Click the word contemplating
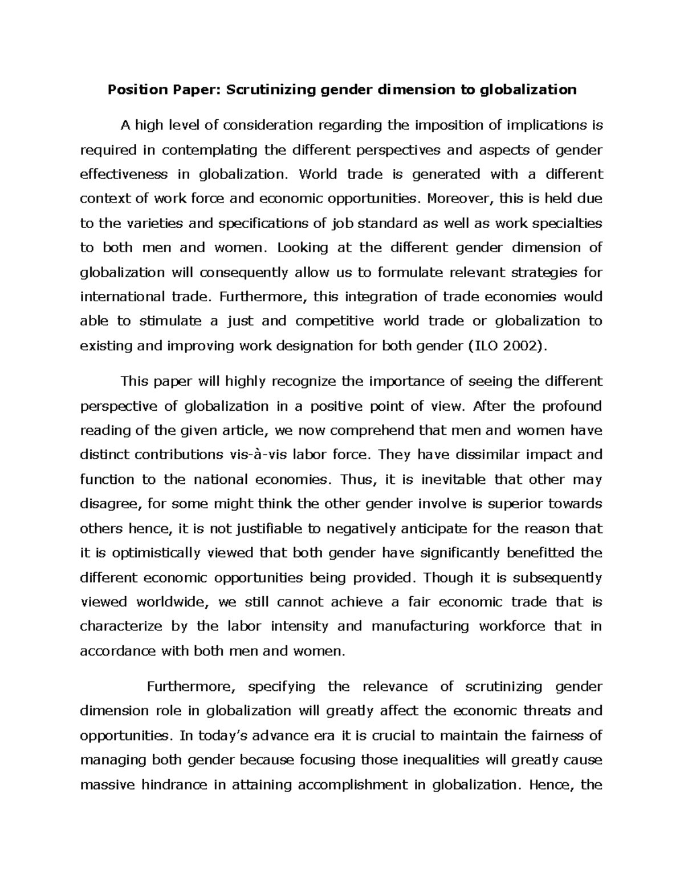click(210, 150)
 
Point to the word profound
click(572, 406)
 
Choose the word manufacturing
click(420, 626)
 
